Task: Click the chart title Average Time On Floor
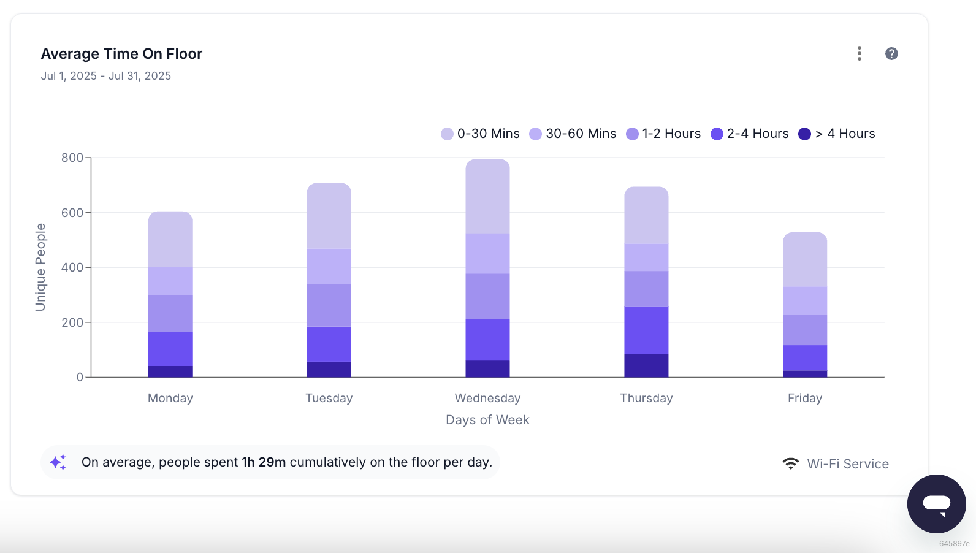coord(121,53)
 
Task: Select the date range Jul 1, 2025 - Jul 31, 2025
coord(106,76)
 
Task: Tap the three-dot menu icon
coord(860,53)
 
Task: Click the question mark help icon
coord(891,53)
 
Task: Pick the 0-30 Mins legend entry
coord(480,134)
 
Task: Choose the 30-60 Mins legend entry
coord(573,134)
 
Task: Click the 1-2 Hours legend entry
coord(663,134)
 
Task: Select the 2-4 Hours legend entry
coord(749,134)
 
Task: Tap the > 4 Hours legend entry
coord(837,134)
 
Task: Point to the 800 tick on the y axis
coord(72,158)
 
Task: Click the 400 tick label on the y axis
coord(72,267)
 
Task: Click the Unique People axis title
coord(40,267)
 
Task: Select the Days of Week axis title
coord(487,419)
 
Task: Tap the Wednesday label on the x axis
coord(487,398)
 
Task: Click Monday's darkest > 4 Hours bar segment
coord(170,372)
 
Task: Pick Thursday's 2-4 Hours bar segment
coord(646,330)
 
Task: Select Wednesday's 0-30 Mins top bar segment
coord(487,197)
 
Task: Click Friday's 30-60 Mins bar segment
coord(805,300)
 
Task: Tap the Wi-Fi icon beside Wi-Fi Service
coord(790,463)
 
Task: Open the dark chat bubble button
coord(937,504)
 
